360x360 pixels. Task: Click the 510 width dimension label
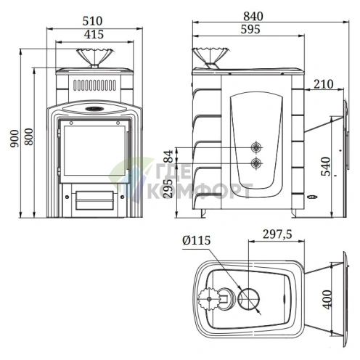pyautogui.click(x=92, y=21)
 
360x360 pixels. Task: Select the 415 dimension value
pyautogui.click(x=94, y=34)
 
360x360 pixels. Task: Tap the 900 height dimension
pyautogui.click(x=15, y=139)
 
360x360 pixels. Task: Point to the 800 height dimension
pyautogui.click(x=29, y=136)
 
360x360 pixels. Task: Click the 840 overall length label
pyautogui.click(x=253, y=17)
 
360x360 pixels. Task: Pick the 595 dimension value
pyautogui.click(x=250, y=29)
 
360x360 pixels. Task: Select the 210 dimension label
pyautogui.click(x=324, y=84)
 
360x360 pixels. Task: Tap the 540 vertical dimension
pyautogui.click(x=326, y=166)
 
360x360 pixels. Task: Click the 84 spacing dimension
pyautogui.click(x=168, y=156)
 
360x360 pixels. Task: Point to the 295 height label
pyautogui.click(x=168, y=189)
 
